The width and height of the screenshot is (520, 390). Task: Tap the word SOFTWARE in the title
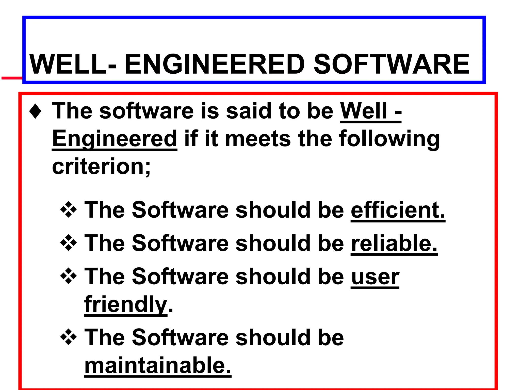coord(391,64)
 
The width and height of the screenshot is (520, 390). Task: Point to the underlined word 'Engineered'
coord(115,139)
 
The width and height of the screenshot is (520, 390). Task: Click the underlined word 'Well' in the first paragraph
coord(364,111)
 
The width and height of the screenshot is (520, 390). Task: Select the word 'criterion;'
coord(101,167)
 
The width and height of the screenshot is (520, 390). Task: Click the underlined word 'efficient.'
coord(398,210)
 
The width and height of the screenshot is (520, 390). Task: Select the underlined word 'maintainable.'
coord(158,366)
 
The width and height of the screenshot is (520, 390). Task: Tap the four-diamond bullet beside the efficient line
coord(68,210)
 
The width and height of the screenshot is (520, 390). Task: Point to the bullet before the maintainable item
coord(68,337)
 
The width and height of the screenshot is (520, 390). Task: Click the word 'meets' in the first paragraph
coord(258,139)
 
